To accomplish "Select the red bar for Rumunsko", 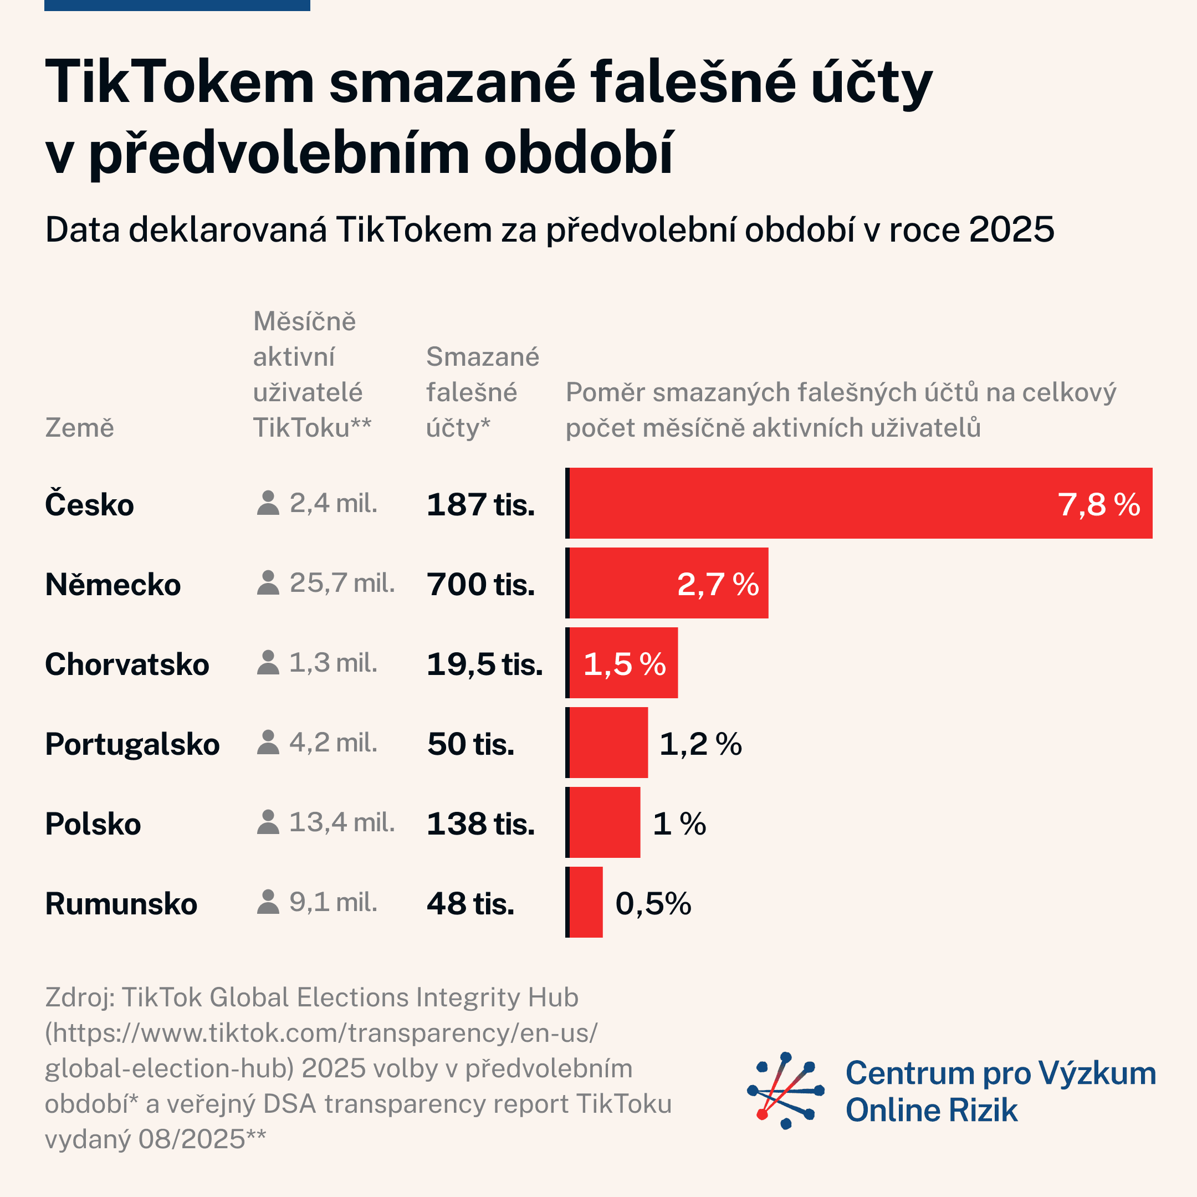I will tap(586, 902).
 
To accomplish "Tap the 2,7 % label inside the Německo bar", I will tap(718, 584).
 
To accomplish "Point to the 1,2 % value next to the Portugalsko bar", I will tap(700, 744).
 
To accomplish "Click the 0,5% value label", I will tap(653, 903).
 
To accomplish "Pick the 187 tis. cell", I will tap(480, 504).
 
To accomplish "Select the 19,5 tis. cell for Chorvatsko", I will tap(484, 664).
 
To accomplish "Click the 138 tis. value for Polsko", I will tap(480, 823).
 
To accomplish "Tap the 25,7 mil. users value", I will tap(342, 583).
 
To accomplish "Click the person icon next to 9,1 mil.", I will tap(268, 902).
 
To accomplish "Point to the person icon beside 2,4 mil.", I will tap(268, 503).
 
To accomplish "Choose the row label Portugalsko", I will tap(132, 744).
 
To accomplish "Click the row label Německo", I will tap(112, 584).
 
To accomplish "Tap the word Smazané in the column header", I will tap(483, 357).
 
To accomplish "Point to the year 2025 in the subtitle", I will tap(1011, 230).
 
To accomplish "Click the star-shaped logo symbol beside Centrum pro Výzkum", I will tap(786, 1090).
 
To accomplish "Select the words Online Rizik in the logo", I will tap(931, 1109).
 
